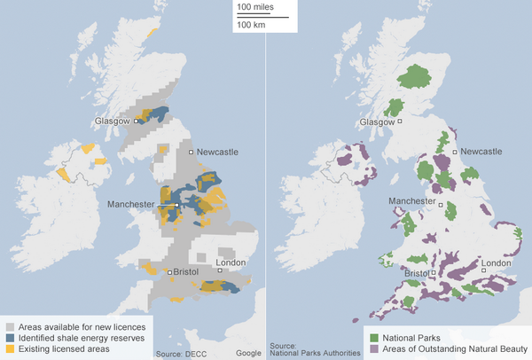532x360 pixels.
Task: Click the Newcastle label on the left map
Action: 217,153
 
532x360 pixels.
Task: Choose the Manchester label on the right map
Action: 413,202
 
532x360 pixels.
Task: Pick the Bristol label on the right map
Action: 415,273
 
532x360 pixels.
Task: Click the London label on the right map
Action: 496,263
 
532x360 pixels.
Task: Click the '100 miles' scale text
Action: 255,8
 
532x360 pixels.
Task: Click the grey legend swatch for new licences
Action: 9,327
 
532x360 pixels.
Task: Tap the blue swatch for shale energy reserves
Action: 9,338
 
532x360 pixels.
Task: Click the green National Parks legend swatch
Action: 374,338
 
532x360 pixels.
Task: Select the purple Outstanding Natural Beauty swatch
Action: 374,349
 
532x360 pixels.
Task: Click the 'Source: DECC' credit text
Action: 181,353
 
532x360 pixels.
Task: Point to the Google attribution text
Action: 248,353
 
